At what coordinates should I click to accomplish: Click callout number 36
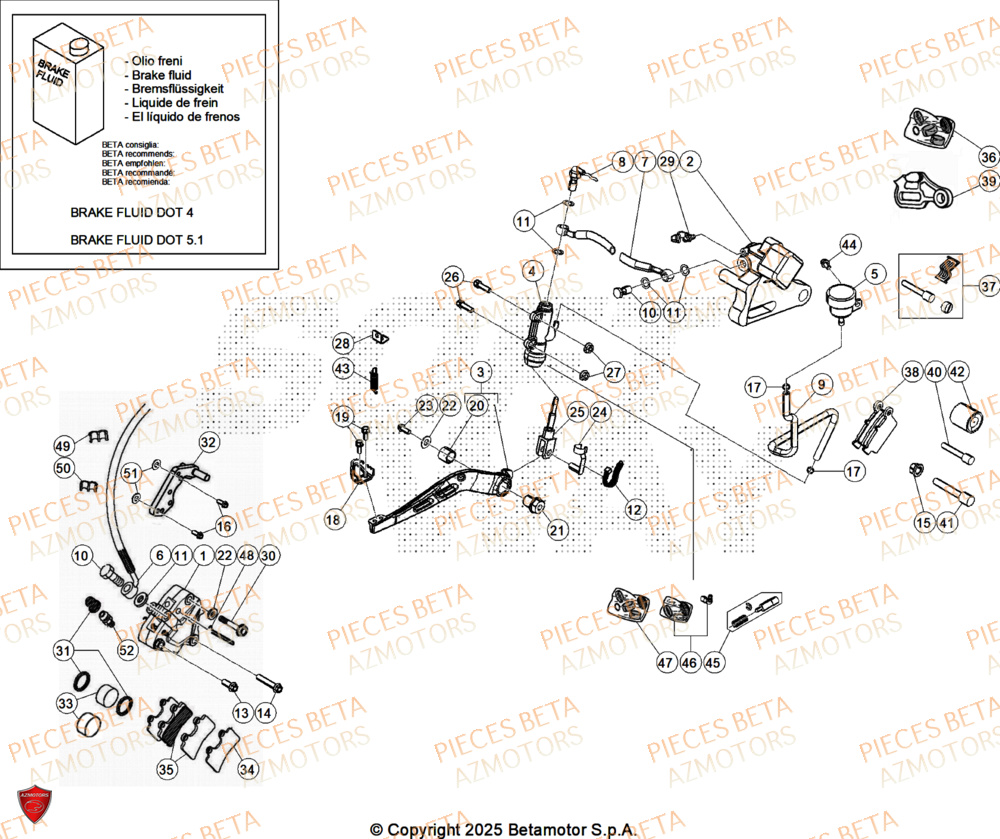click(988, 157)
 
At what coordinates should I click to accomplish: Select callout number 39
click(988, 182)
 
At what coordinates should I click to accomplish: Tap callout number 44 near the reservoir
click(849, 245)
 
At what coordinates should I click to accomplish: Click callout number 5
click(873, 273)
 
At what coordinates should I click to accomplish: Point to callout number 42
click(958, 372)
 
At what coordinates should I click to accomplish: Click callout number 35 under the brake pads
click(167, 769)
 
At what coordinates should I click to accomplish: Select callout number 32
click(208, 442)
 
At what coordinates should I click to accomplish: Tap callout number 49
click(64, 446)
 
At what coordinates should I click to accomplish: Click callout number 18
click(333, 519)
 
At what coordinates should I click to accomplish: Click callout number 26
click(452, 277)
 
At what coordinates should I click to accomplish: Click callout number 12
click(634, 510)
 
